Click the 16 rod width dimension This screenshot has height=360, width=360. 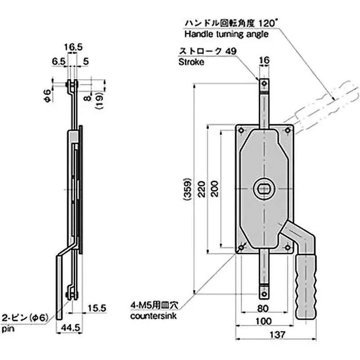(264, 60)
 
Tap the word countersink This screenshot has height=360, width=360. (153, 316)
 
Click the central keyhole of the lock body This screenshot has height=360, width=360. (264, 189)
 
